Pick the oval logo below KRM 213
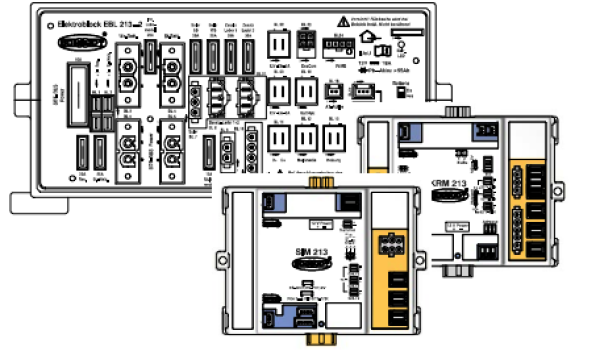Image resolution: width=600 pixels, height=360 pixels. [450, 195]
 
